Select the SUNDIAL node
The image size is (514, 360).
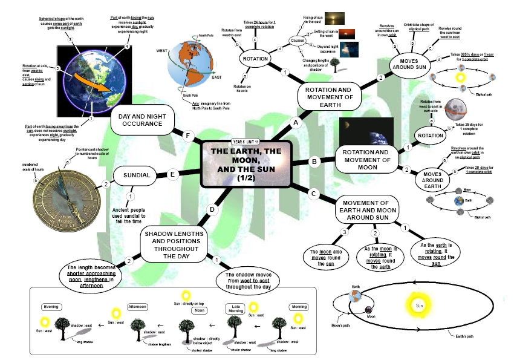click(x=137, y=175)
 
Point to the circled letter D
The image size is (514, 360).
click(x=212, y=210)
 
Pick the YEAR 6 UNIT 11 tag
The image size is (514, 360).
click(x=246, y=142)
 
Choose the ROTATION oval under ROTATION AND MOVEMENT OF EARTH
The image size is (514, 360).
click(x=256, y=59)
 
